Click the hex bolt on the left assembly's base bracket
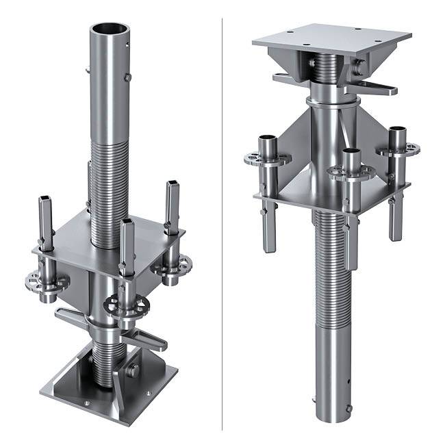[x=132, y=370]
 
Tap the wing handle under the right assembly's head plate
[x=377, y=87]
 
